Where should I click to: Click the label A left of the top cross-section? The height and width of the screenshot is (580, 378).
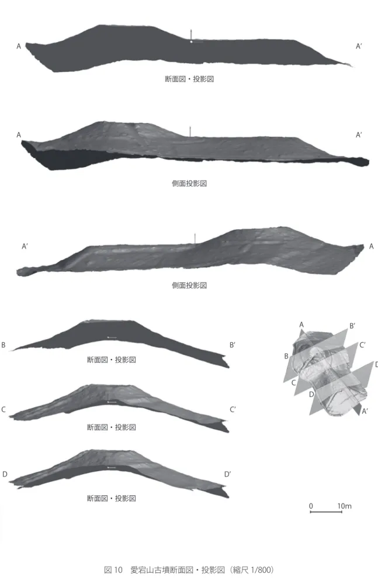pyautogui.click(x=19, y=46)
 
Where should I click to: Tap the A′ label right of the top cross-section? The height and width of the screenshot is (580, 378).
pyautogui.click(x=359, y=46)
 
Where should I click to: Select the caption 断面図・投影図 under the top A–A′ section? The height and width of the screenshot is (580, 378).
pyautogui.click(x=189, y=79)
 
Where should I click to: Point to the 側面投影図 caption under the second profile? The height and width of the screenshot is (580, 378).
pyautogui.click(x=189, y=183)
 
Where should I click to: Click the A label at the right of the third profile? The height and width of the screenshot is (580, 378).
pyautogui.click(x=372, y=246)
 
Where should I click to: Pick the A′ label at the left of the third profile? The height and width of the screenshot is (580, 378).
pyautogui.click(x=25, y=246)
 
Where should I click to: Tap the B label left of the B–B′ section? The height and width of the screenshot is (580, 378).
pyautogui.click(x=4, y=345)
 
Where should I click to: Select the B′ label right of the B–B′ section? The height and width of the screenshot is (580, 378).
pyautogui.click(x=233, y=345)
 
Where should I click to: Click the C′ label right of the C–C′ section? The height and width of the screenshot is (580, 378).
pyautogui.click(x=233, y=409)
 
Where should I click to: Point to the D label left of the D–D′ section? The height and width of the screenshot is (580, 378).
pyautogui.click(x=5, y=474)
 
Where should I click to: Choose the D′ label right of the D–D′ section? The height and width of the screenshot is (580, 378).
pyautogui.click(x=228, y=474)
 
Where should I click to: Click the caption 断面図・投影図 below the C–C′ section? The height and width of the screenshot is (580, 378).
pyautogui.click(x=112, y=427)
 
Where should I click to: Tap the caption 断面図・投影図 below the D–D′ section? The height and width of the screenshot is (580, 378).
pyautogui.click(x=112, y=498)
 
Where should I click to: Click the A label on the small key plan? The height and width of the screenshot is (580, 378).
pyautogui.click(x=301, y=324)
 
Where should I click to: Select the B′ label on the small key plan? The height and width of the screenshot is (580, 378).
pyautogui.click(x=352, y=326)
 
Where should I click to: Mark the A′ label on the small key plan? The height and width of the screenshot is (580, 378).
pyautogui.click(x=365, y=412)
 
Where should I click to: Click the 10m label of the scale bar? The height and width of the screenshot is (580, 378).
pyautogui.click(x=344, y=506)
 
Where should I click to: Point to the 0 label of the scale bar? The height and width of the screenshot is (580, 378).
pyautogui.click(x=311, y=506)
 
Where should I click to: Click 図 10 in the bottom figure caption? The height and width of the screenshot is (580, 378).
pyautogui.click(x=113, y=570)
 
